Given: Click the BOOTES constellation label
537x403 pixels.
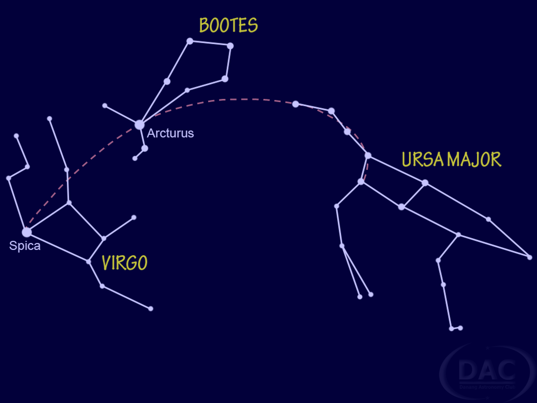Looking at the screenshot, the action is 228,26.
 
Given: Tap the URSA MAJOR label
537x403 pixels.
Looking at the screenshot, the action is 451,159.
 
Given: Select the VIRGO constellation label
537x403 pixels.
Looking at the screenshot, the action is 124,263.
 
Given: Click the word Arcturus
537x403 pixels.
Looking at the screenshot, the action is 170,133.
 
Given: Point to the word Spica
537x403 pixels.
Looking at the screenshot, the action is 25,246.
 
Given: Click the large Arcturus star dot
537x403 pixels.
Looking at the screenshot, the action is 140,125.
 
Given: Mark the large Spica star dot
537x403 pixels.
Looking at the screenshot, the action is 27,232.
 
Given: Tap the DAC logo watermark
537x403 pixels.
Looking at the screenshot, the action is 486,372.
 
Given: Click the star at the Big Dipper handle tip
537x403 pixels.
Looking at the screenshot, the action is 296,104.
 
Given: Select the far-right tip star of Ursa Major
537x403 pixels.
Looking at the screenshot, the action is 530,257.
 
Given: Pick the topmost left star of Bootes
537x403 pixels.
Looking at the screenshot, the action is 190,41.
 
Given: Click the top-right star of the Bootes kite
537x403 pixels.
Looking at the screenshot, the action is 230,46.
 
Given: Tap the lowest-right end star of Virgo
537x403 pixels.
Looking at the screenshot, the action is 151,309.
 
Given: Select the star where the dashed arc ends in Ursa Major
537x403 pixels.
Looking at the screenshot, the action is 361,182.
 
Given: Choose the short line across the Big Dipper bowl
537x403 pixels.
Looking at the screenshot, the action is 413,195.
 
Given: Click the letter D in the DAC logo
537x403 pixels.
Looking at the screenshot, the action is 468,370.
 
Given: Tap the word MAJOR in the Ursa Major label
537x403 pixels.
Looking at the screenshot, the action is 473,159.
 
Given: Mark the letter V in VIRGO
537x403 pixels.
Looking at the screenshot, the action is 107,263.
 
